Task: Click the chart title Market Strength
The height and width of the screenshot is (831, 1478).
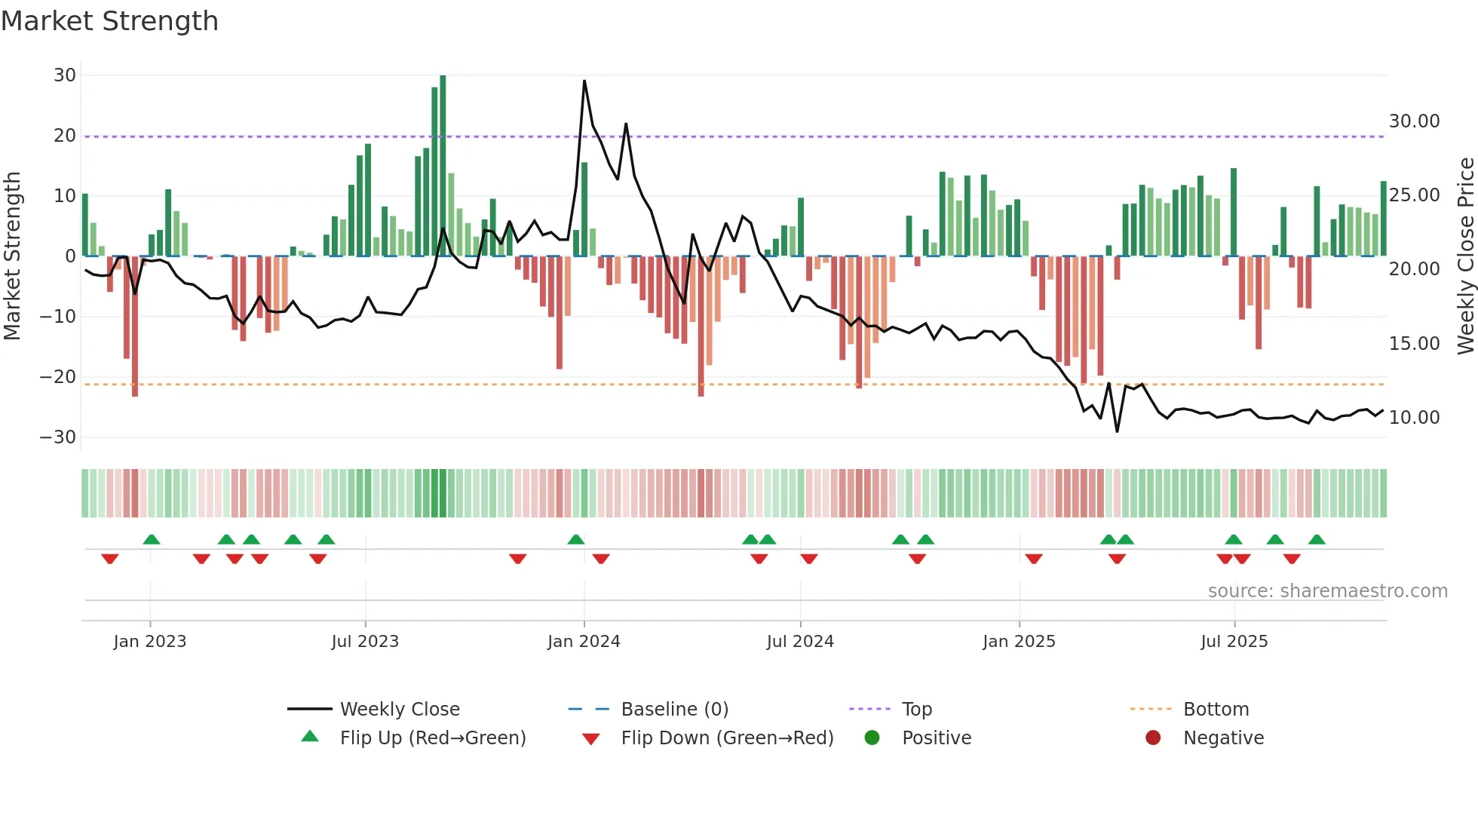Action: [x=109, y=21]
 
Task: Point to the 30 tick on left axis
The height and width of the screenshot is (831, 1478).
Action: [x=65, y=75]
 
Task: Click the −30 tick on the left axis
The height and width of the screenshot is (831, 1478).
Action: [x=58, y=437]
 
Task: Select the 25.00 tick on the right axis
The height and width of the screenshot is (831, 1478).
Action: [x=1414, y=195]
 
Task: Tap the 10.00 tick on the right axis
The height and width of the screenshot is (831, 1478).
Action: [x=1414, y=418]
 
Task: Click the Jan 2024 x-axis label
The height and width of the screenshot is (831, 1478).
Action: [x=584, y=642]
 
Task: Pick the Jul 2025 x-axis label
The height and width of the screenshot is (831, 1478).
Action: [x=1234, y=642]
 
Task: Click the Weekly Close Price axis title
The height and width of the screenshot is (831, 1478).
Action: [x=1465, y=256]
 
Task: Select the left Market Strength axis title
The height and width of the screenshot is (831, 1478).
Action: [x=12, y=256]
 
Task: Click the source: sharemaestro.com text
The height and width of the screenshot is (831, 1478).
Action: [x=1327, y=591]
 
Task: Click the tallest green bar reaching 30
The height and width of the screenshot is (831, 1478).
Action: [x=443, y=166]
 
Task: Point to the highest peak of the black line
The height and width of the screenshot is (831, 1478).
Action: [x=584, y=81]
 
